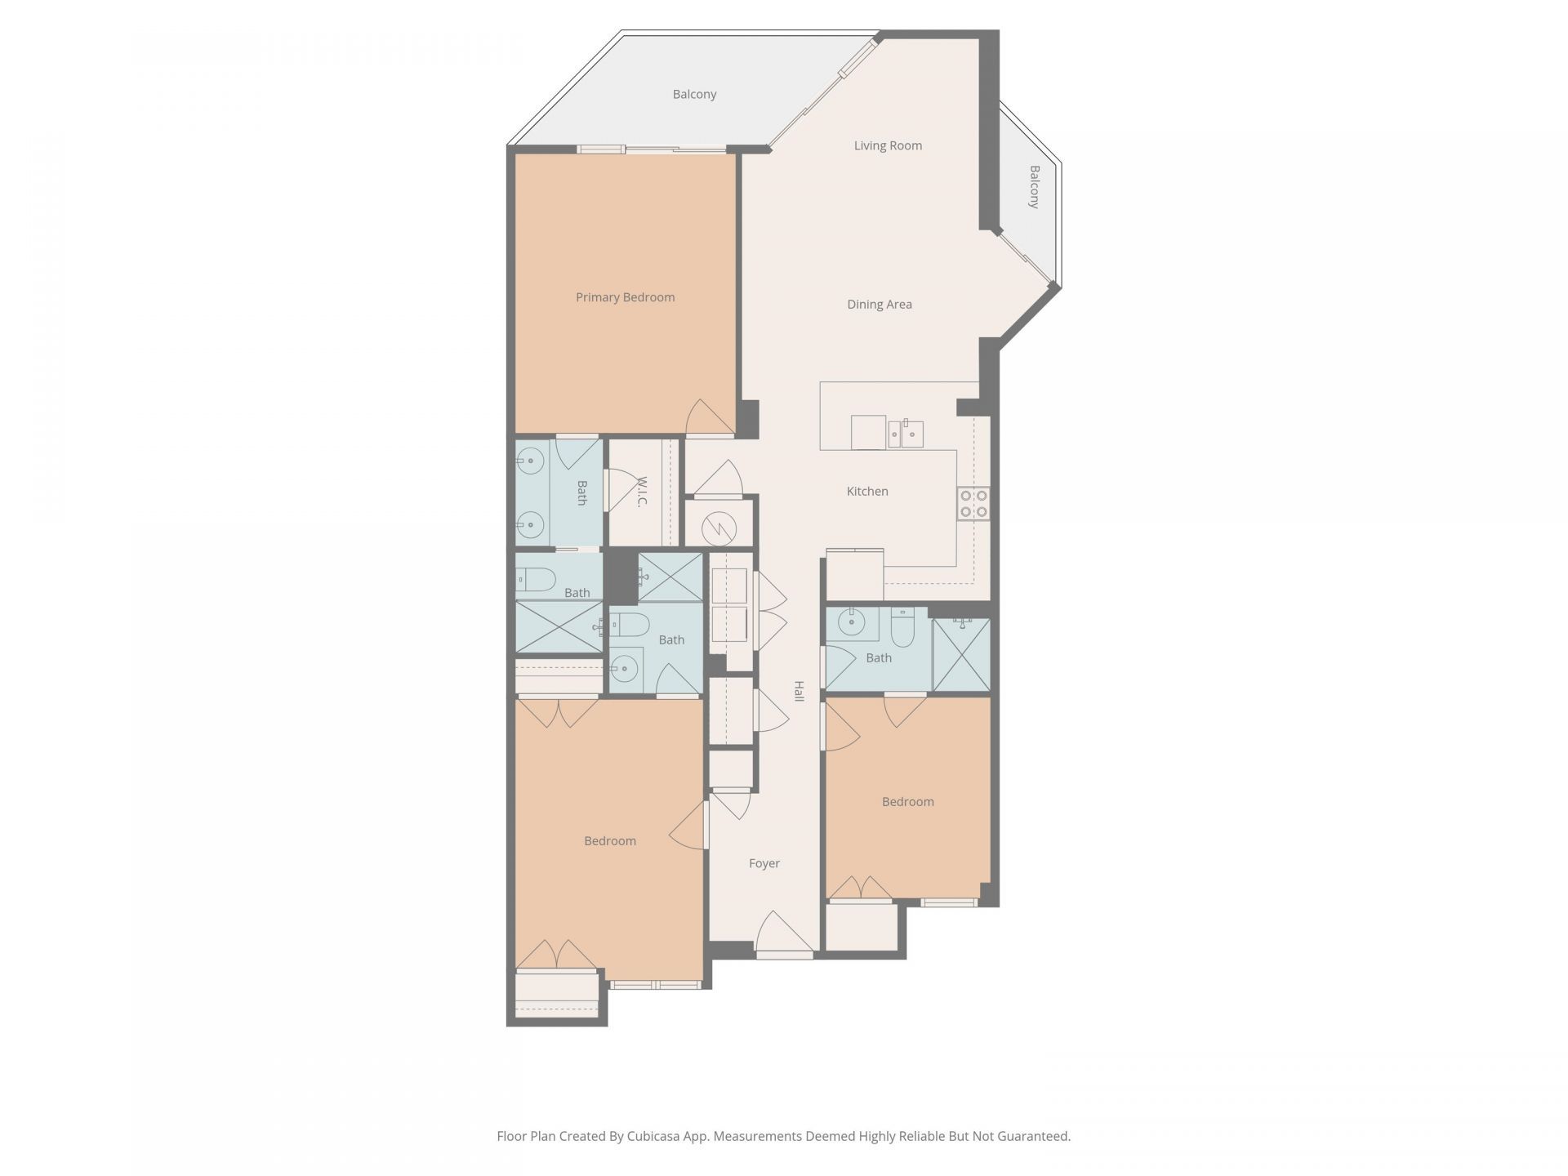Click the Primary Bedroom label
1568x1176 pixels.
tap(625, 297)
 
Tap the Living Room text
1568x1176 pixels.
tap(888, 145)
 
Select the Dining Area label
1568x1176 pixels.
tap(880, 305)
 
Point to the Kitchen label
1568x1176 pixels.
tap(867, 491)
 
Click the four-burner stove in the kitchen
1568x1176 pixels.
tap(973, 503)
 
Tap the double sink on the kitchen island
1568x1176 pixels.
tap(906, 434)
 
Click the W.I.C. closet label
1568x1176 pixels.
tap(643, 492)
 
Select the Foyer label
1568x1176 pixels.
tap(764, 863)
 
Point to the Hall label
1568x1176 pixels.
tap(800, 691)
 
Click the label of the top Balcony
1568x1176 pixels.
tap(694, 95)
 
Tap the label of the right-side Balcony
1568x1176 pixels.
tap(1035, 187)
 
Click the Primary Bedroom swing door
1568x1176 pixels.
tap(710, 418)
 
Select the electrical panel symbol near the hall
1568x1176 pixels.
tap(718, 528)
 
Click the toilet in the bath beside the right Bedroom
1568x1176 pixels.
tap(902, 627)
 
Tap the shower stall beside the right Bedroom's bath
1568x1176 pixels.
tap(961, 655)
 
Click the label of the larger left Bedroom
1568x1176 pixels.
tap(610, 841)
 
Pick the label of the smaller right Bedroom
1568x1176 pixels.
tap(908, 802)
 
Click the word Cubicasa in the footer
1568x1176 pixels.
tap(657, 1136)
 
